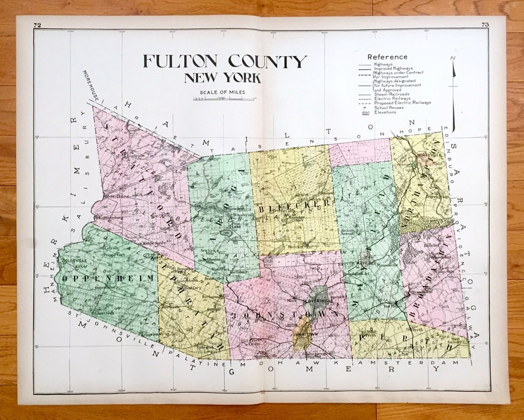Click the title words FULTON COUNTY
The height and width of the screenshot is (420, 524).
coord(224,62)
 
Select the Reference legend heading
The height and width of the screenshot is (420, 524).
coord(387,57)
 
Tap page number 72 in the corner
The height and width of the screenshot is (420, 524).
coord(37,25)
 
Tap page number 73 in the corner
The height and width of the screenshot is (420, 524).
coord(485,25)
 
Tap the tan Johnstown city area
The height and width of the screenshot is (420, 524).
coord(301,330)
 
